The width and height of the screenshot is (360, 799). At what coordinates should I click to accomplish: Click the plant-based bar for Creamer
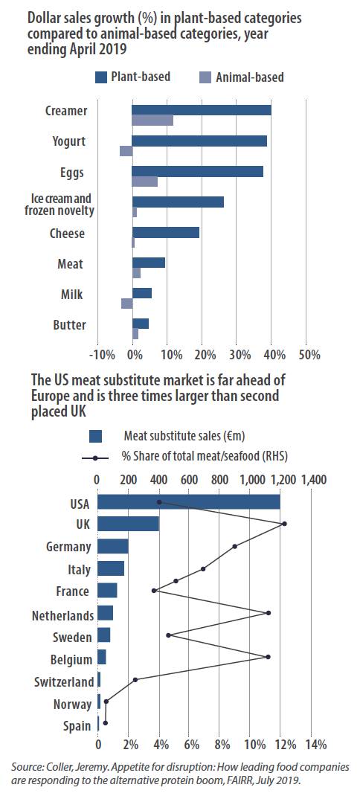pyautogui.click(x=202, y=110)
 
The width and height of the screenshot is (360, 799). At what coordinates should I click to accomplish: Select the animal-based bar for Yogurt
pyautogui.click(x=126, y=151)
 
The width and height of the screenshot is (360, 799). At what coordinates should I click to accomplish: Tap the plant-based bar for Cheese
pyautogui.click(x=166, y=233)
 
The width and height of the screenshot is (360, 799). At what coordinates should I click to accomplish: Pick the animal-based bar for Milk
pyautogui.click(x=126, y=304)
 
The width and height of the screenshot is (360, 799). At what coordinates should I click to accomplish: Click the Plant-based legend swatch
pyautogui.click(x=101, y=77)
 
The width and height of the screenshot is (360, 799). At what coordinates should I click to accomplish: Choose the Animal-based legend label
pyautogui.click(x=249, y=77)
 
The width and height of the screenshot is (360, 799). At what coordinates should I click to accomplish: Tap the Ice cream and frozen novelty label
pyautogui.click(x=60, y=205)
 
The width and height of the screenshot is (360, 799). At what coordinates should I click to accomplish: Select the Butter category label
pyautogui.click(x=70, y=325)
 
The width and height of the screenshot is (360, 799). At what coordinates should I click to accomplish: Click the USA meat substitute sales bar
pyautogui.click(x=189, y=502)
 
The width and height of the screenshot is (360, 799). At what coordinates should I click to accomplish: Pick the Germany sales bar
pyautogui.click(x=113, y=547)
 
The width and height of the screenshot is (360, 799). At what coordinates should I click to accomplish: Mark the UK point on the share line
pyautogui.click(x=285, y=524)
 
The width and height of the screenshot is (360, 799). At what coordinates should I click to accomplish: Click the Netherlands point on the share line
pyautogui.click(x=269, y=613)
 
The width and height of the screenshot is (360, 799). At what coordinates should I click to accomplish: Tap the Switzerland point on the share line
pyautogui.click(x=135, y=680)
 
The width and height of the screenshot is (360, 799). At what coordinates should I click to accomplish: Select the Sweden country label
pyautogui.click(x=72, y=638)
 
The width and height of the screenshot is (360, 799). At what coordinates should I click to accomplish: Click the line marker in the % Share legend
pyautogui.click(x=95, y=458)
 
